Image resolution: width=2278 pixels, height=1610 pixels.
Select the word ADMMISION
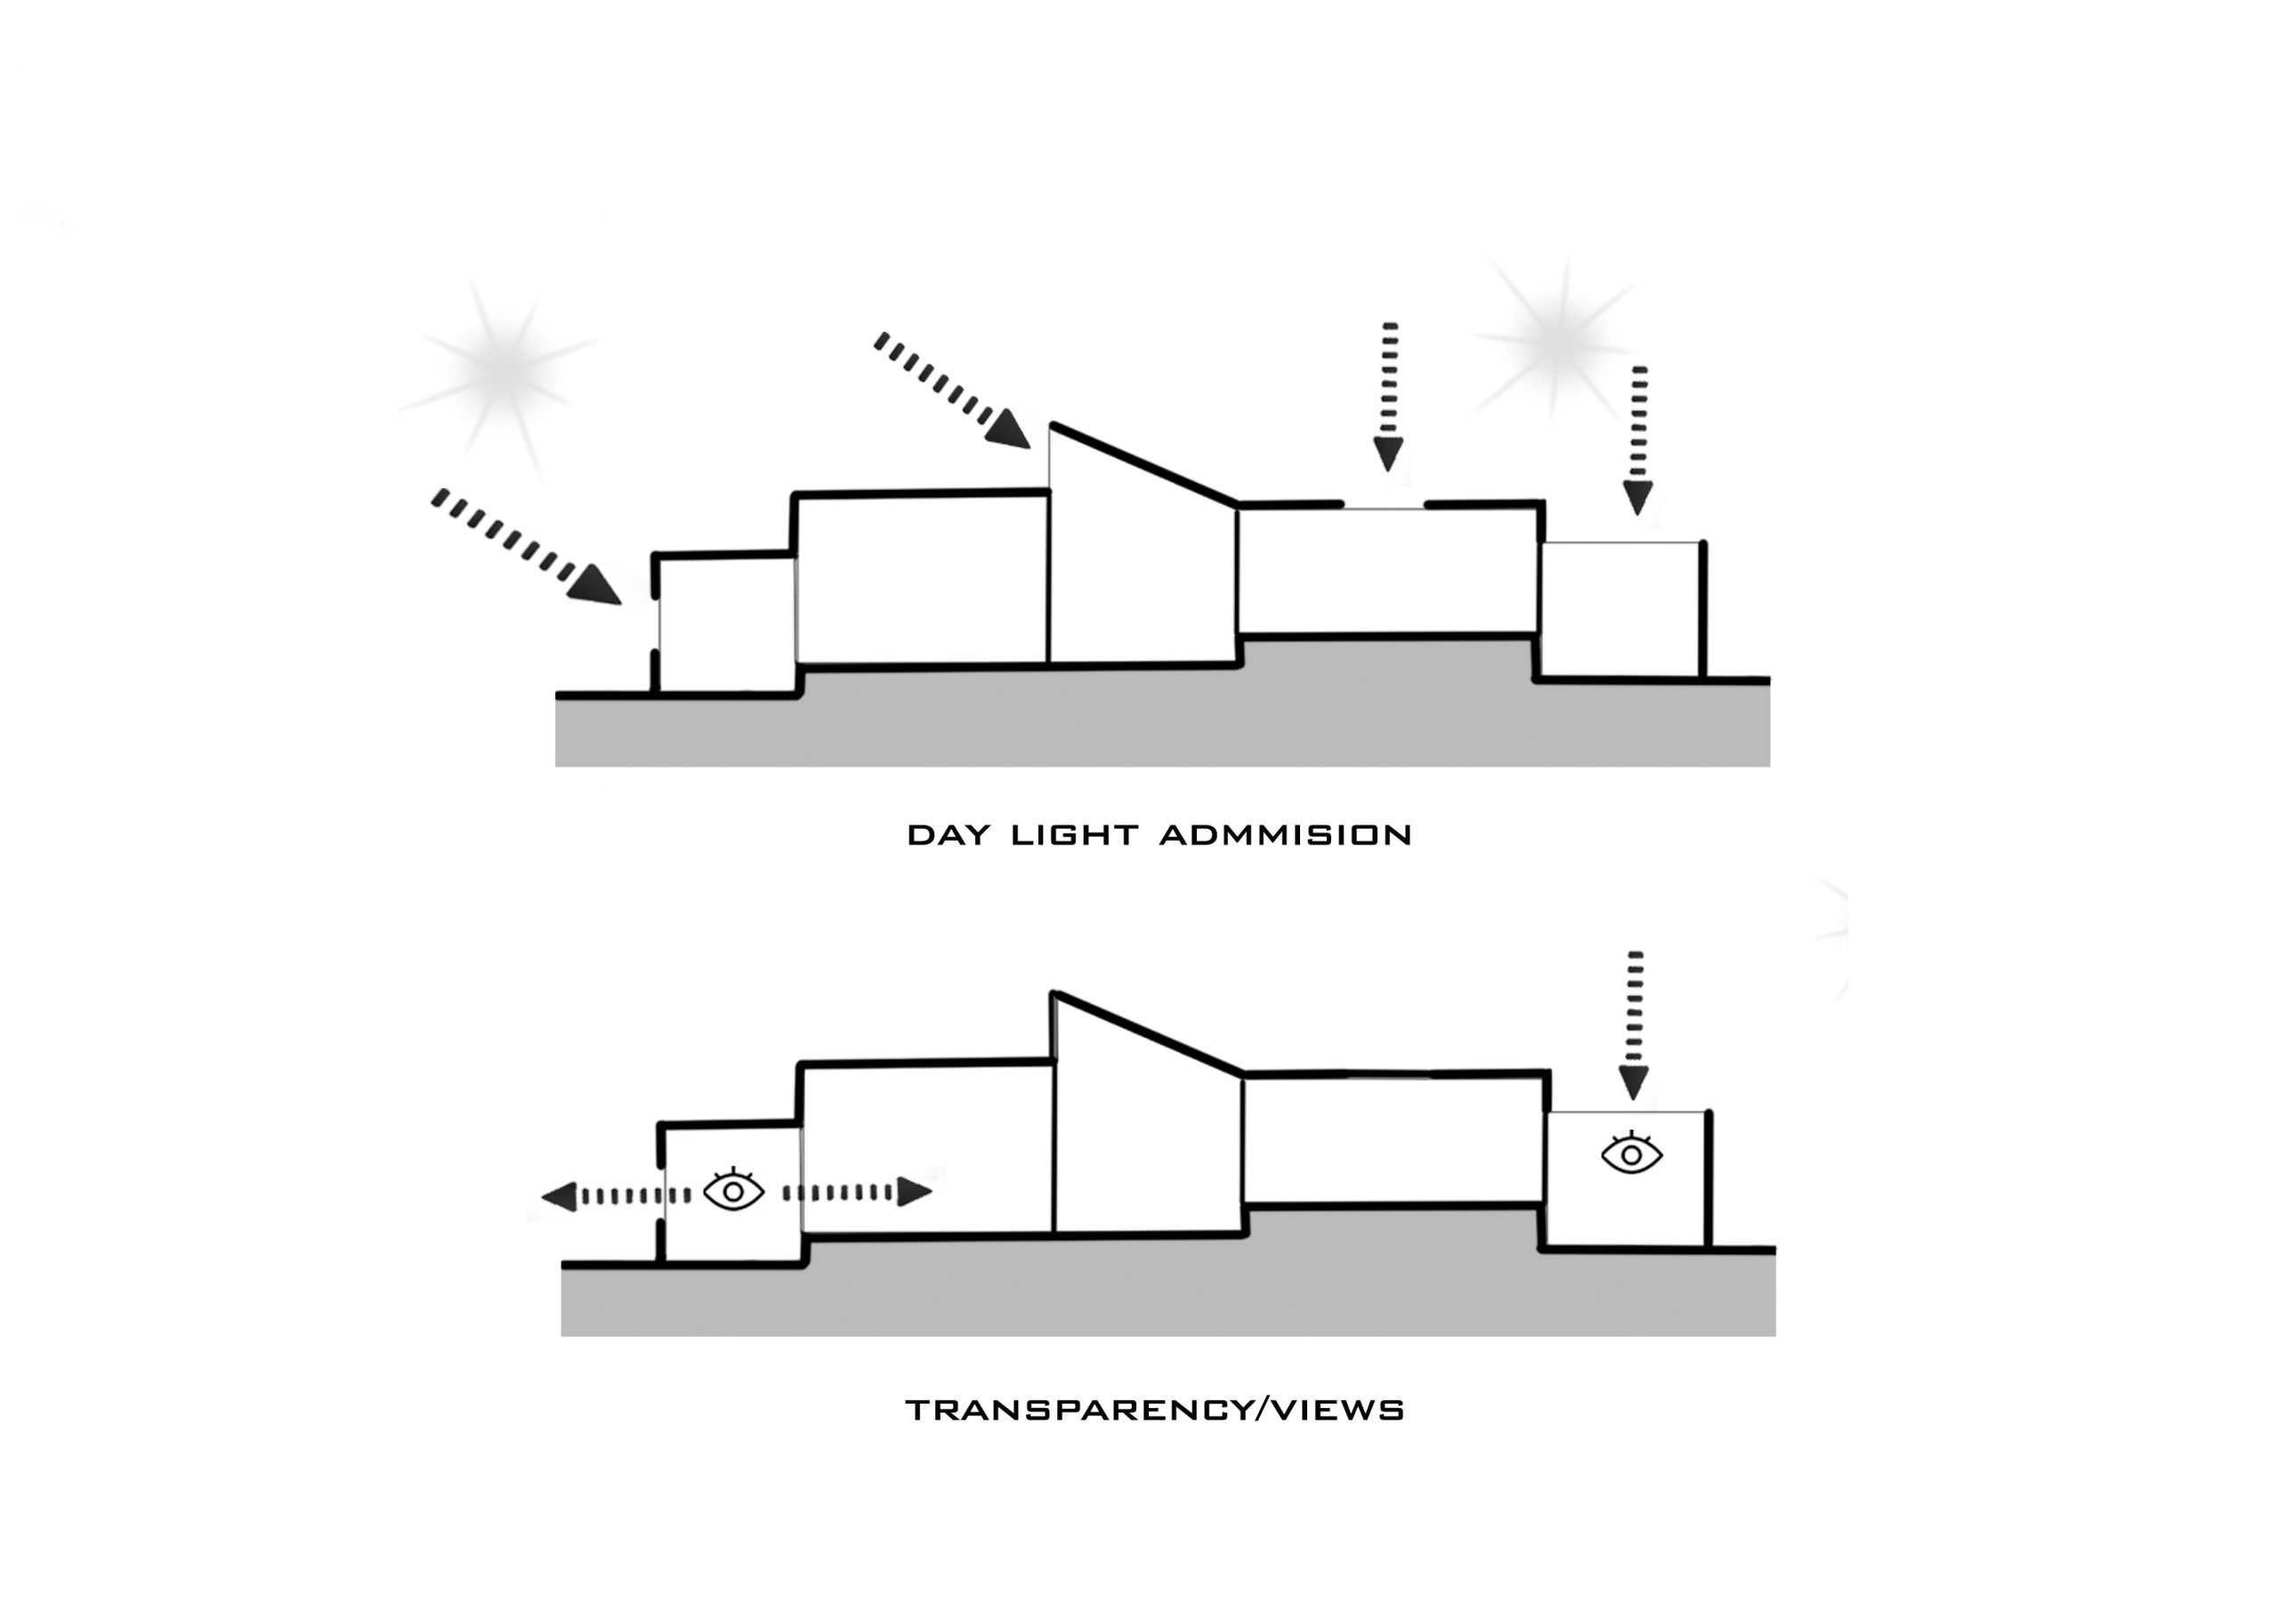(x=1286, y=835)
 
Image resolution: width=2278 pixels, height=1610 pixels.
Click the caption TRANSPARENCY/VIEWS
(x=1155, y=1411)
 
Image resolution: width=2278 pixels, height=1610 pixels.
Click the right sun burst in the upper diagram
(x=1558, y=337)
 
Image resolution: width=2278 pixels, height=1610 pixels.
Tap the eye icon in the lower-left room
(x=733, y=1190)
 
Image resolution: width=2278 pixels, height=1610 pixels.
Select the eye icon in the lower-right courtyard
(x=1632, y=1154)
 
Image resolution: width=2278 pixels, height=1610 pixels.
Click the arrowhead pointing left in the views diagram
(x=560, y=1196)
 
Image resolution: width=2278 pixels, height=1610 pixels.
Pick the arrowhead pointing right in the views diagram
(x=915, y=1191)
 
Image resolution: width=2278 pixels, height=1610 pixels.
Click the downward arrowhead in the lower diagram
(x=1633, y=1083)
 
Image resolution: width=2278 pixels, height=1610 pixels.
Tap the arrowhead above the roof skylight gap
(x=1389, y=455)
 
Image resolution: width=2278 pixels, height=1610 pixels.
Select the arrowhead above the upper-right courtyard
(x=1638, y=498)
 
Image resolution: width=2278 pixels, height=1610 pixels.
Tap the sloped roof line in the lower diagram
(x=1149, y=1033)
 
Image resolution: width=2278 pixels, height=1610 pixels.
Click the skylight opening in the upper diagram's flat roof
(x=1384, y=508)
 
